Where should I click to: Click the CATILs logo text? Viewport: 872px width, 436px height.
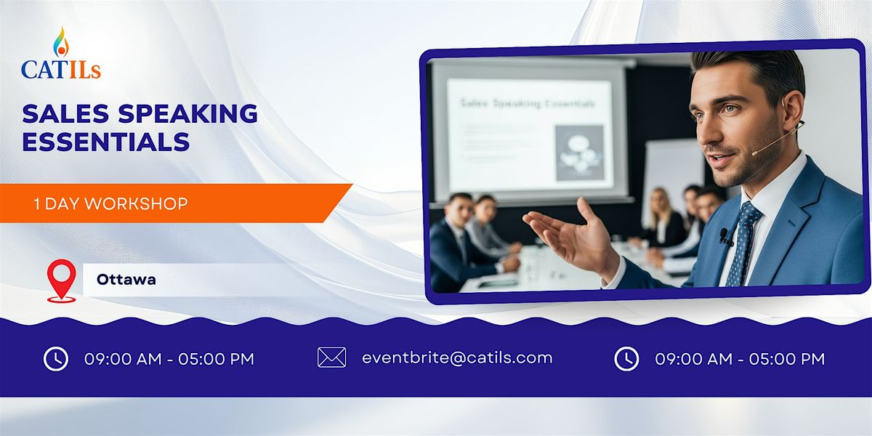tap(61, 69)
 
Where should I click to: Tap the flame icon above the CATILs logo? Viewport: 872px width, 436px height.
tap(60, 42)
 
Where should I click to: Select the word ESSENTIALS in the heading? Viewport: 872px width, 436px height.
tap(106, 141)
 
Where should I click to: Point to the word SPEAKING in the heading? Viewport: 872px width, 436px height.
tap(190, 113)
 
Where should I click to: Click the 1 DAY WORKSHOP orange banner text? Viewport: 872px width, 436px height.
tap(110, 203)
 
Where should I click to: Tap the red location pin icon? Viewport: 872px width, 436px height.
tap(61, 280)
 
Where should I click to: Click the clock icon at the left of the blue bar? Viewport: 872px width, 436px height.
tap(56, 358)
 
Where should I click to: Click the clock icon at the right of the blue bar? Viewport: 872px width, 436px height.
tap(626, 358)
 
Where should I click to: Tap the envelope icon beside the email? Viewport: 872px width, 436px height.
tap(331, 358)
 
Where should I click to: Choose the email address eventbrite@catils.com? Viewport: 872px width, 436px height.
tap(457, 358)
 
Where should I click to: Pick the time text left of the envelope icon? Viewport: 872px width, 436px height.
tap(169, 359)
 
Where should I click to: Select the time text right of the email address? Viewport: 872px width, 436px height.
tap(740, 359)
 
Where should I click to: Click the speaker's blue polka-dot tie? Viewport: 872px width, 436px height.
tap(743, 243)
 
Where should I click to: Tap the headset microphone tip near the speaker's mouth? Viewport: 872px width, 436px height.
tap(754, 153)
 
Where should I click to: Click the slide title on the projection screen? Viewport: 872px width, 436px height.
tap(528, 104)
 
